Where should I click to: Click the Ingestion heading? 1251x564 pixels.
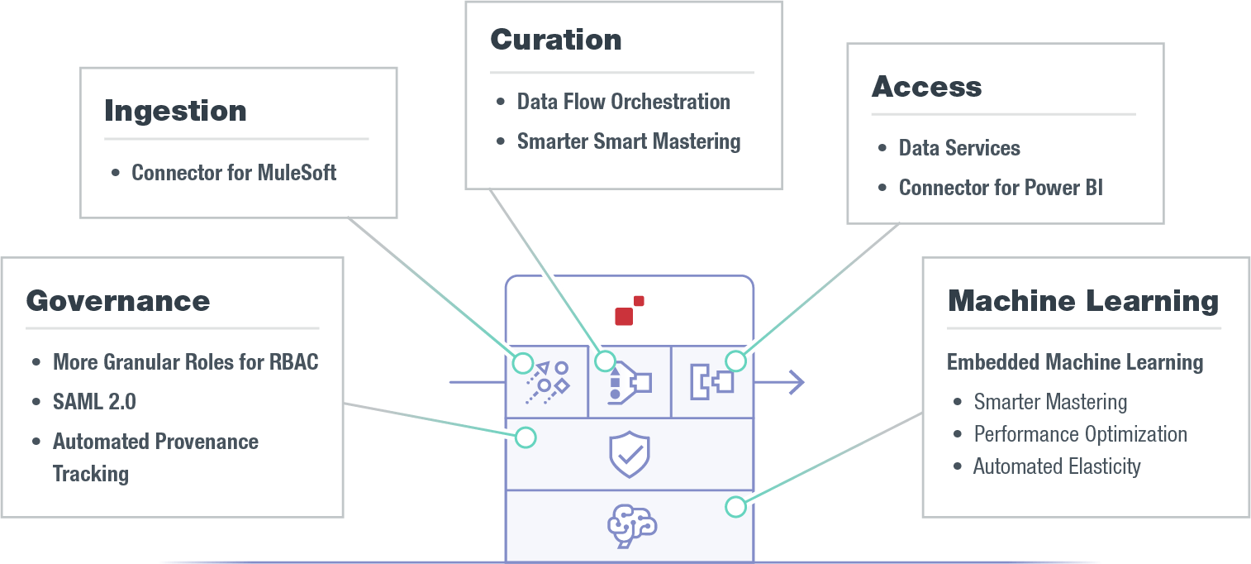point(175,112)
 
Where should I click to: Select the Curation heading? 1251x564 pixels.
point(555,40)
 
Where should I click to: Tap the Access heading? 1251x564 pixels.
point(926,87)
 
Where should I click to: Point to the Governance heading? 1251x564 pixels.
point(118,301)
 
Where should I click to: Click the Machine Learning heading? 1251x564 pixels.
point(1082,301)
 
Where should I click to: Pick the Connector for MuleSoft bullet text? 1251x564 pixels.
point(234,173)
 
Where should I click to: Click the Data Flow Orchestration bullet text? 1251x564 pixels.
point(623,102)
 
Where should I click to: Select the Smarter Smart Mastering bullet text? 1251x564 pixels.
point(629,141)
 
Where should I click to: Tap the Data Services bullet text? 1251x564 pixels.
point(959,148)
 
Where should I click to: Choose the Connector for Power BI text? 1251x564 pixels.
point(1001,188)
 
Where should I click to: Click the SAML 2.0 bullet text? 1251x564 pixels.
point(94,402)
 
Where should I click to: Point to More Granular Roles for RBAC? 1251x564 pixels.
point(185,362)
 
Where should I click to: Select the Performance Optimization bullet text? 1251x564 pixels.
point(1080,434)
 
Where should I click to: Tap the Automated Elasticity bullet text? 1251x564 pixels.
point(1057,466)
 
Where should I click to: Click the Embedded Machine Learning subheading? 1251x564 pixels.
point(1074,362)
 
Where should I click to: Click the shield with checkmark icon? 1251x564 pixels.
point(630,454)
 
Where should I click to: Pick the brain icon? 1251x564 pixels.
point(631,526)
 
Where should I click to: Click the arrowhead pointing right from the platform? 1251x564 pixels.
point(795,382)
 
